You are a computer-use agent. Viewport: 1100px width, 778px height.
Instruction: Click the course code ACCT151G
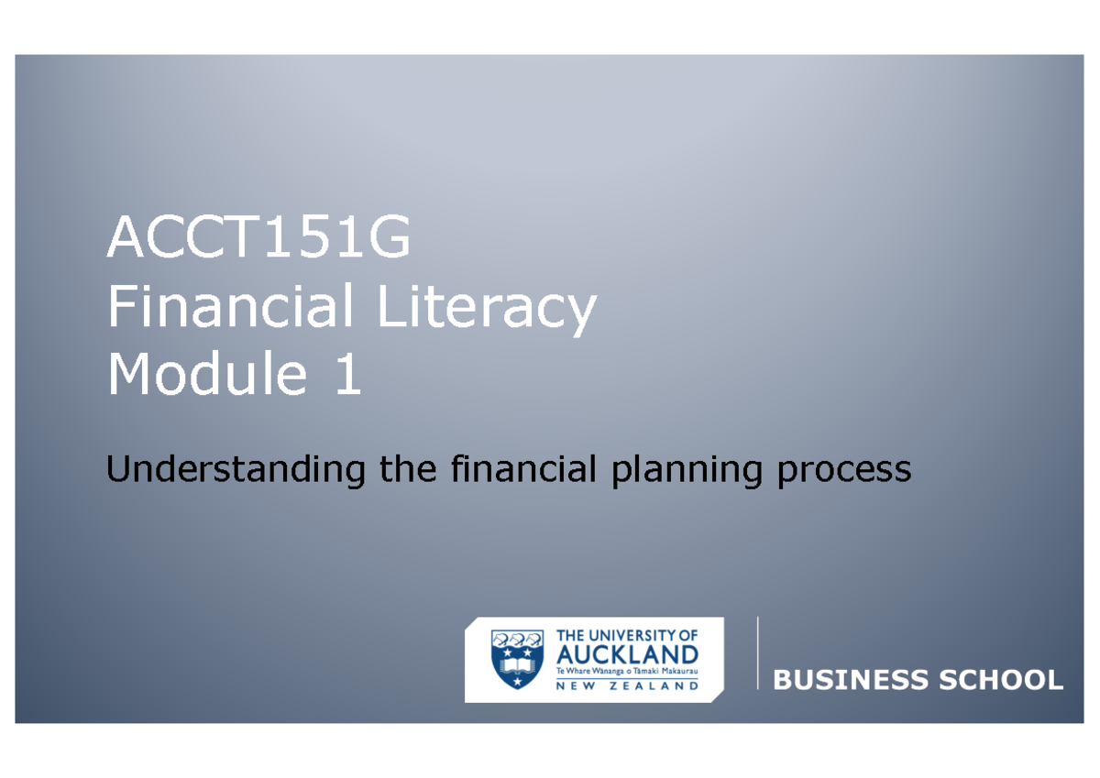click(258, 240)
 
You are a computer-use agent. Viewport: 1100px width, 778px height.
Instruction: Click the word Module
click(206, 376)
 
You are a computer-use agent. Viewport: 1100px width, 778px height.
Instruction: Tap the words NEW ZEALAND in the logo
click(628, 685)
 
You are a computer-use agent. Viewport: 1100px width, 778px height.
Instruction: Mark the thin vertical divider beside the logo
click(758, 652)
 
